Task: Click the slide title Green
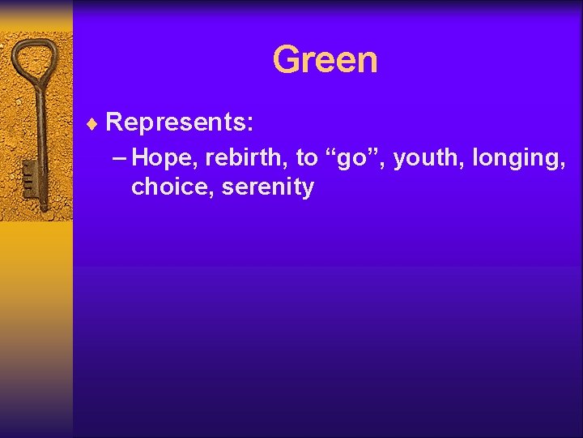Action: click(325, 60)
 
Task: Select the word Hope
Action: click(160, 157)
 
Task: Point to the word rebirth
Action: click(243, 157)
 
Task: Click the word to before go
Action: click(306, 157)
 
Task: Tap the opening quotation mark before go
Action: click(330, 152)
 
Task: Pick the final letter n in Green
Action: click(367, 62)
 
